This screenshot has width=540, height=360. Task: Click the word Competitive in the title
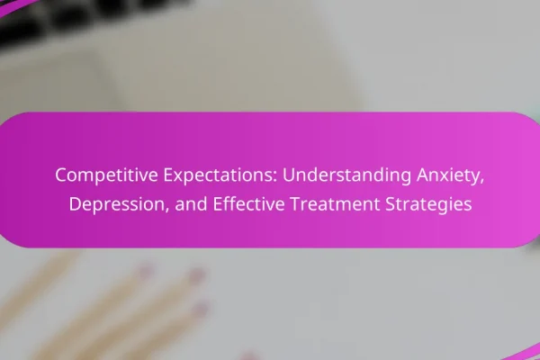(106, 175)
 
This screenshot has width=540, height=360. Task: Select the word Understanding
(346, 175)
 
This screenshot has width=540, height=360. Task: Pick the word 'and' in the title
(191, 204)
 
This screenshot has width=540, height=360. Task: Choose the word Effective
(248, 204)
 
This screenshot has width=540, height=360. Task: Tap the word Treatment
(335, 204)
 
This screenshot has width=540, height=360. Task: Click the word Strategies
(428, 204)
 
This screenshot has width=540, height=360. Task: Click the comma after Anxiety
(481, 182)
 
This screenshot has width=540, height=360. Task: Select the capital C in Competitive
(61, 175)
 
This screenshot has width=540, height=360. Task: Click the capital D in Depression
(76, 204)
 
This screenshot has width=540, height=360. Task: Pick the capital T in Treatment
(296, 204)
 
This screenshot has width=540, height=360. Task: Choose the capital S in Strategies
(391, 204)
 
